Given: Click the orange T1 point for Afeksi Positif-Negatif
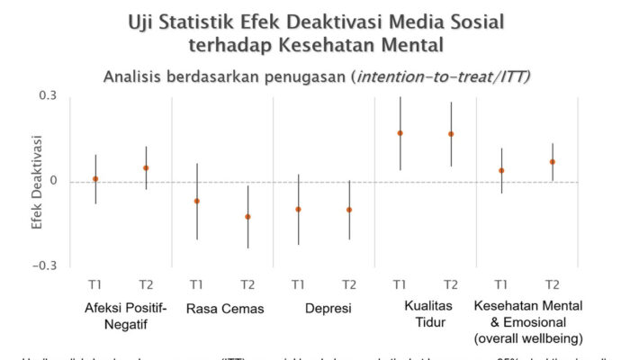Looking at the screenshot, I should tap(95, 179).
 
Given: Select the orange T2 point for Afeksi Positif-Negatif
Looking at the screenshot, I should tap(146, 168).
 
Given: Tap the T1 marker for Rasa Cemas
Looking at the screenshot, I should tap(197, 202).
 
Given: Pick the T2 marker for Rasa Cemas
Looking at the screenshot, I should tap(247, 217).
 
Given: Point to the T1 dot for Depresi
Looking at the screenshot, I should tap(298, 210).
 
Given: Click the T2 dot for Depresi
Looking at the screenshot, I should tap(349, 210).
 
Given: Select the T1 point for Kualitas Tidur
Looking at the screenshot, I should tap(400, 133).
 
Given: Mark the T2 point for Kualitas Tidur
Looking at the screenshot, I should tap(451, 134).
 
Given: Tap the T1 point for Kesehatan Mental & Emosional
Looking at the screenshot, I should tap(501, 170).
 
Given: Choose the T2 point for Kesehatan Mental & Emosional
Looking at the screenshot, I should tap(553, 162).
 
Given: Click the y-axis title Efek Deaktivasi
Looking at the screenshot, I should tap(37, 180).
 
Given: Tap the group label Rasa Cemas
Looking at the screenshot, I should tap(225, 310).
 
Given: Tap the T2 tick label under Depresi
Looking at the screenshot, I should tap(349, 284).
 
